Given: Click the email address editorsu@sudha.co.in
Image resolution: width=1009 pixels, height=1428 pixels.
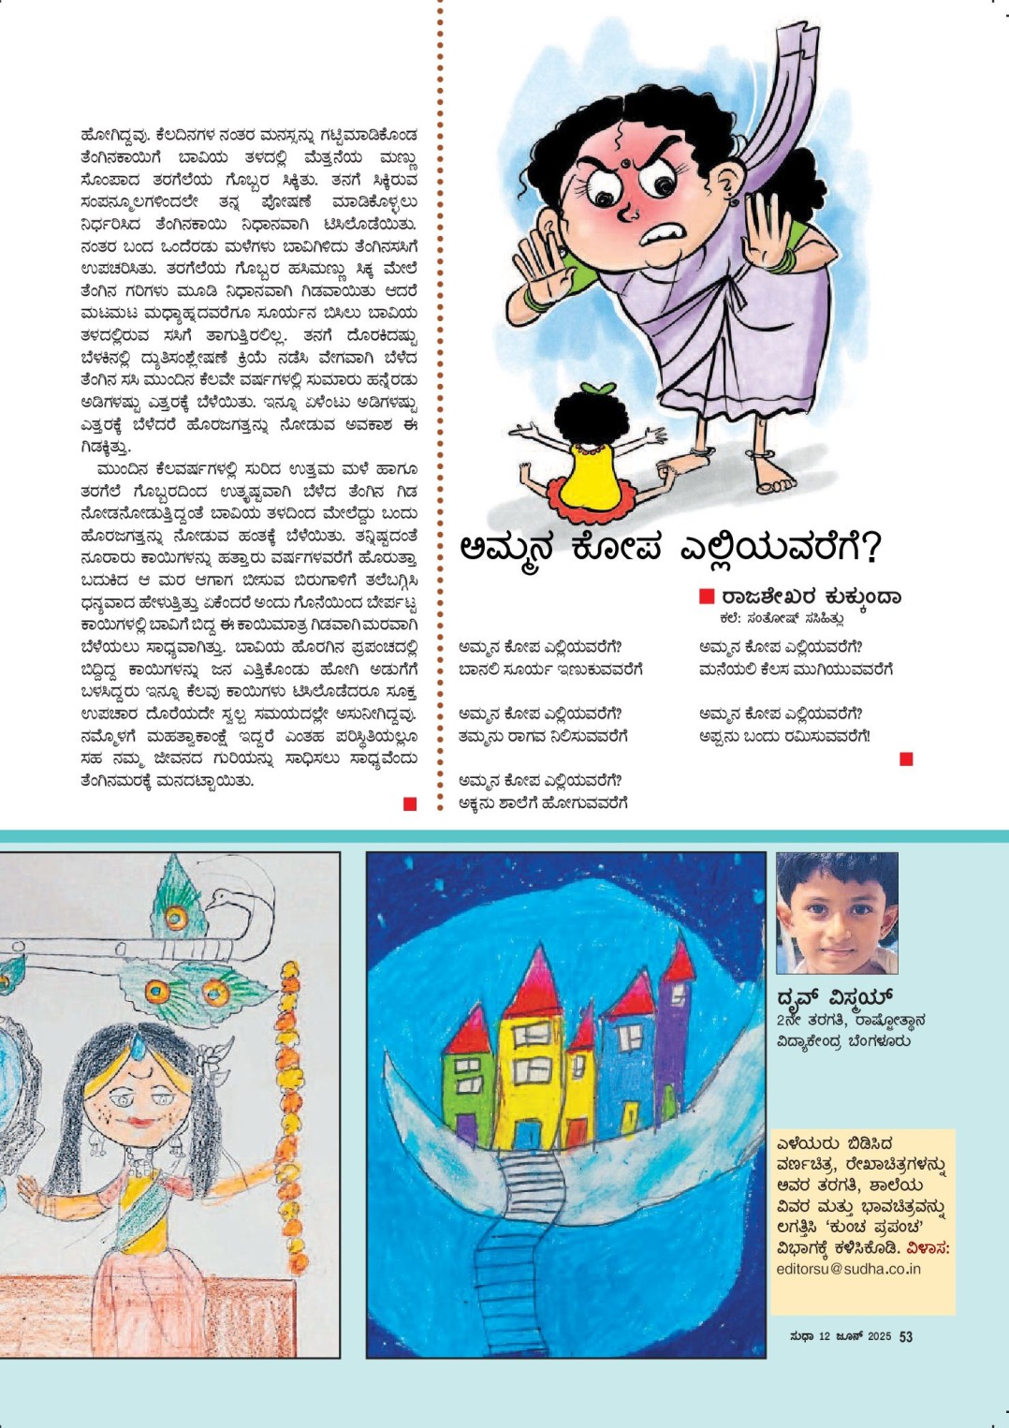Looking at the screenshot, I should click(848, 1269).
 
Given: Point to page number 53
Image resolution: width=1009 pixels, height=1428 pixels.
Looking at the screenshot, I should click(906, 1336).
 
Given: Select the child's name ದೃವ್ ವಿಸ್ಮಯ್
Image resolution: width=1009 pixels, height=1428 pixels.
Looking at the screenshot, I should click(835, 996).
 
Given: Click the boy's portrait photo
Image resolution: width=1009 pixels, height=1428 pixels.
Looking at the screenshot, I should click(836, 912).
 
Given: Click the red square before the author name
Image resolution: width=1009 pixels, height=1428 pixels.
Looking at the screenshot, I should click(707, 596).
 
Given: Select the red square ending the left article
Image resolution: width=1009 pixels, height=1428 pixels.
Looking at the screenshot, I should click(410, 803).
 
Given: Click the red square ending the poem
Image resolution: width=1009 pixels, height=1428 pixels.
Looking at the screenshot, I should click(905, 758).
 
